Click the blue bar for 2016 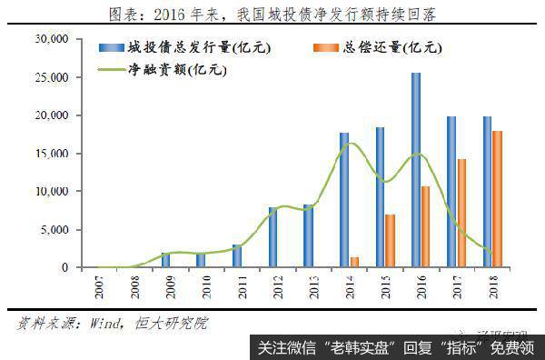(x=415, y=170)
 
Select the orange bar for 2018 (x=498, y=199)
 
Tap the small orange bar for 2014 (x=355, y=262)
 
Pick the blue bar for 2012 (x=272, y=237)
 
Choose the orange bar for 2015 (x=391, y=241)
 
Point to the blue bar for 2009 (x=165, y=260)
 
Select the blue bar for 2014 (x=344, y=200)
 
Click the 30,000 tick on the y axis (x=51, y=39)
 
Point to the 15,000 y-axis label (x=51, y=154)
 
